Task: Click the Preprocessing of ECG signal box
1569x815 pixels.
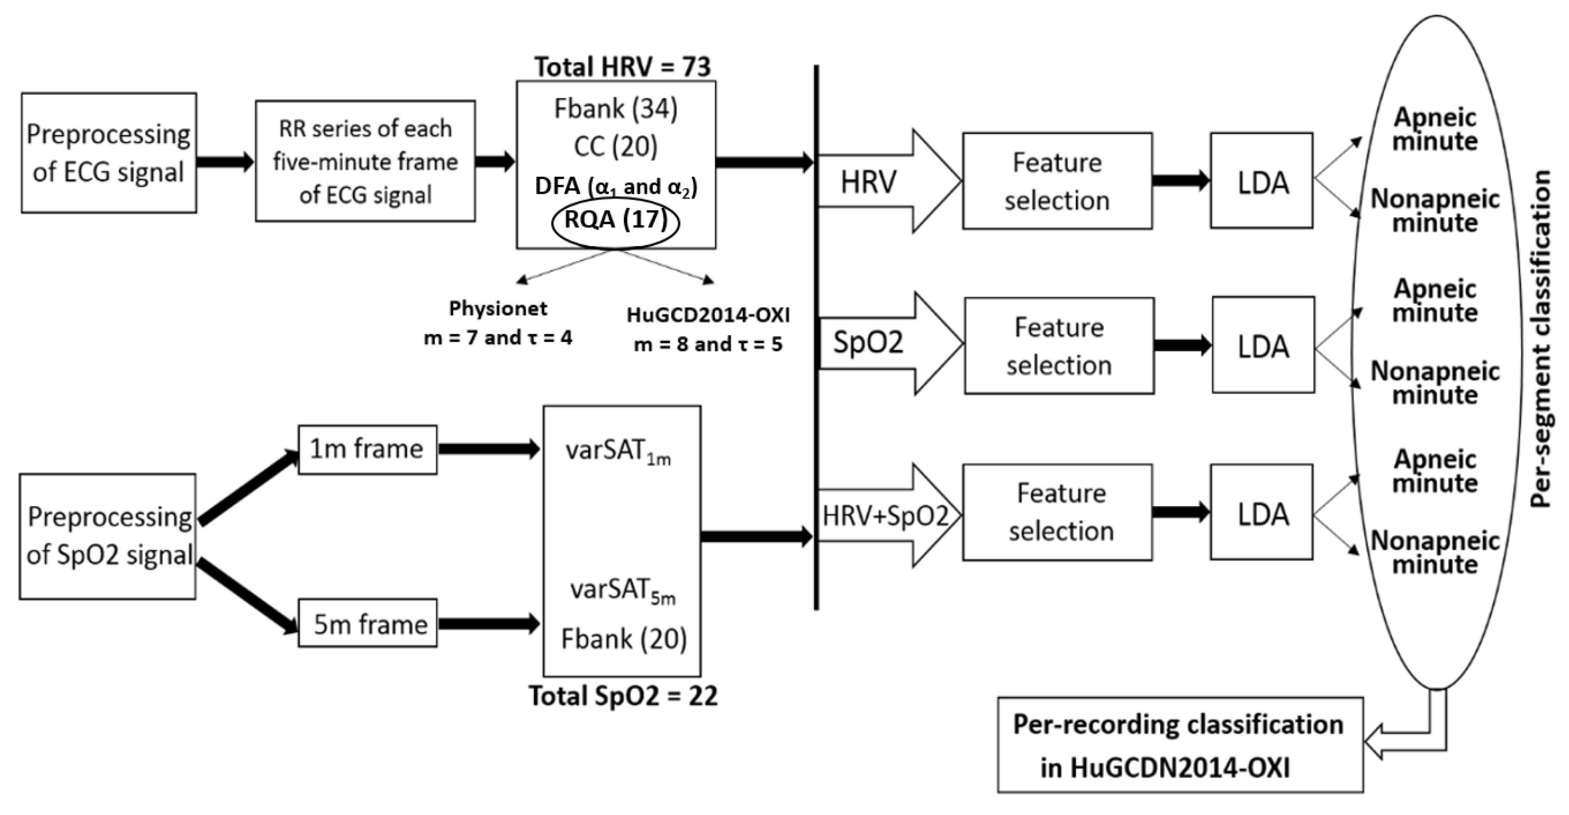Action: (108, 153)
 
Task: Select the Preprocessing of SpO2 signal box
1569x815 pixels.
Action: (108, 536)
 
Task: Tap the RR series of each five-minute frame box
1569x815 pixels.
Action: (365, 162)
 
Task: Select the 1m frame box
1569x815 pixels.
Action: (367, 449)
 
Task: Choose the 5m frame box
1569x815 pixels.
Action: (367, 624)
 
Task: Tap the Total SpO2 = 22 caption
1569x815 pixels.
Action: (623, 696)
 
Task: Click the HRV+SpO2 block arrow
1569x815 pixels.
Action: (886, 516)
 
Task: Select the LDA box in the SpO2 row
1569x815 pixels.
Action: (1263, 346)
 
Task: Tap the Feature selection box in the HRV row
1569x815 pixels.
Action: (1057, 181)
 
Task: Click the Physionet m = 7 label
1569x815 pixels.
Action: (498, 323)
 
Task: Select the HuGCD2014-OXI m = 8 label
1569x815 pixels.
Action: (708, 329)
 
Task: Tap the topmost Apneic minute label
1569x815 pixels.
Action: (1435, 129)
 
